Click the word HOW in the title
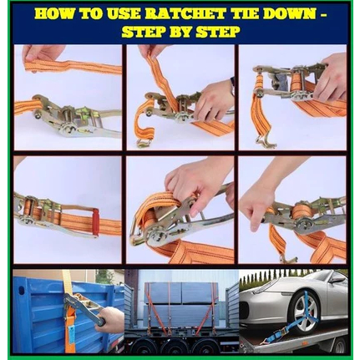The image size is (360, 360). click(x=53, y=14)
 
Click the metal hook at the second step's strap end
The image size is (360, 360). click(x=145, y=143)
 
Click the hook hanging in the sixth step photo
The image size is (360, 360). click(x=285, y=258)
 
